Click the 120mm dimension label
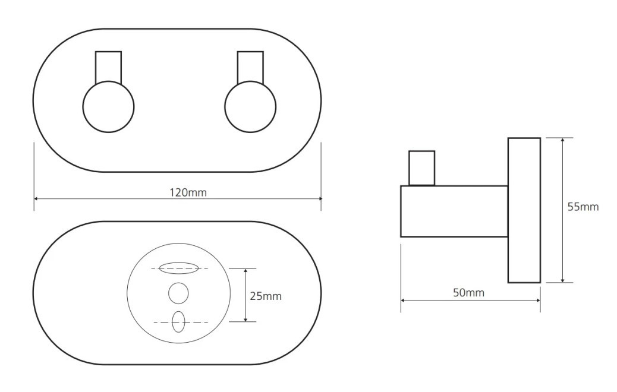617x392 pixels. (188, 192)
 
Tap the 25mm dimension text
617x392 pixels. (266, 296)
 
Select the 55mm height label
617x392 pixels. (583, 207)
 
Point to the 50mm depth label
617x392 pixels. (468, 293)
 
